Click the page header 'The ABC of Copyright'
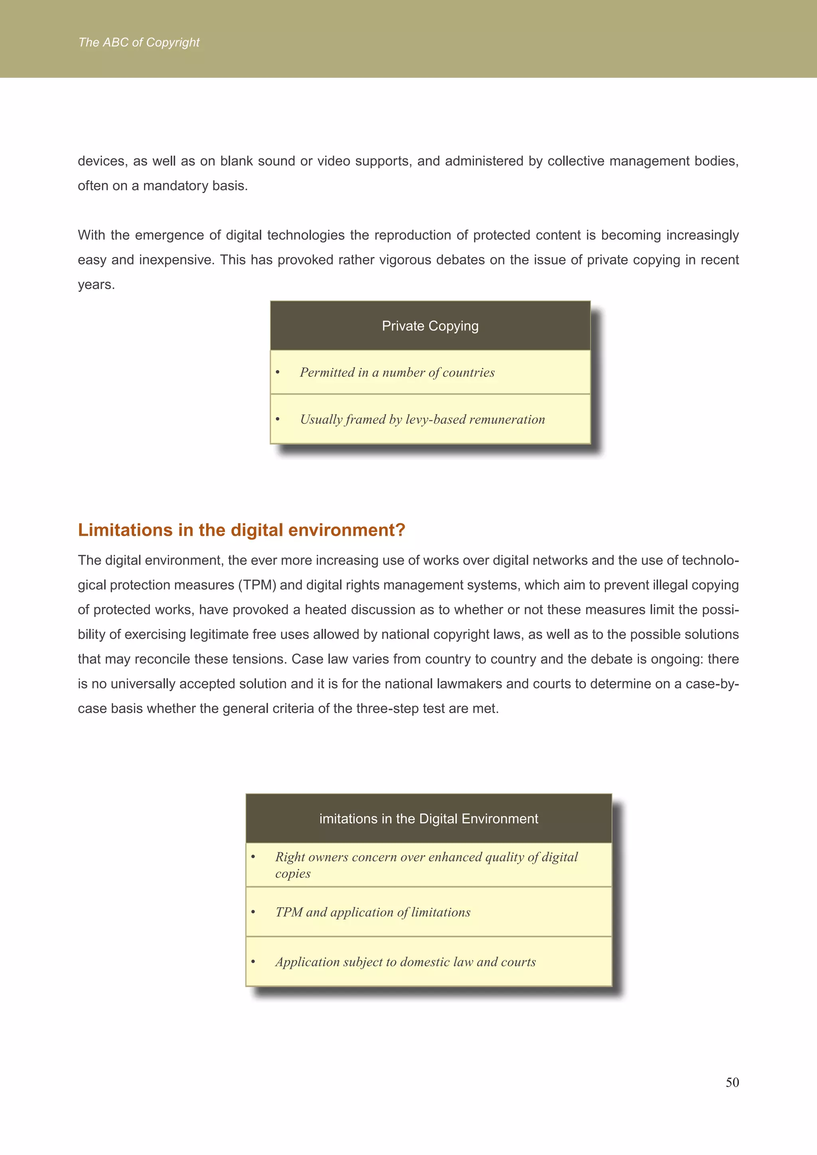tap(139, 43)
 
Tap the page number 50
tap(732, 1082)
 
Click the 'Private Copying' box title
tap(430, 326)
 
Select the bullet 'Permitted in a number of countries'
tap(397, 373)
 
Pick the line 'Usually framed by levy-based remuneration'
tap(422, 420)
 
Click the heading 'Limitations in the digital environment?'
tap(241, 530)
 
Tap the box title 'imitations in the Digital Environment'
tap(428, 818)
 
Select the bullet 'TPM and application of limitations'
tap(372, 912)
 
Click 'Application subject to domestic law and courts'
tap(405, 962)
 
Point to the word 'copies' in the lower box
tap(293, 874)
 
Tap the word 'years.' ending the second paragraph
tap(97, 285)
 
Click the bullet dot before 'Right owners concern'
tap(253, 857)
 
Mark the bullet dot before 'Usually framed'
tap(278, 420)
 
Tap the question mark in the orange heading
tap(401, 530)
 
